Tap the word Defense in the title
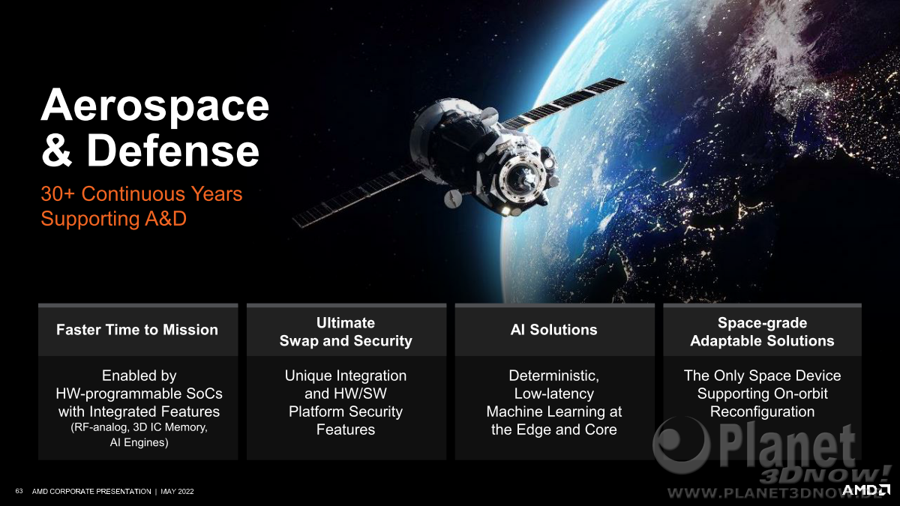click(173, 151)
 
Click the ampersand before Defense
click(57, 151)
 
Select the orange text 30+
click(58, 194)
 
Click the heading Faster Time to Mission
click(137, 330)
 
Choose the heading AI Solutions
click(553, 330)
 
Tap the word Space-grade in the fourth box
click(762, 323)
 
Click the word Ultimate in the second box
click(346, 323)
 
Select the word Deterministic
click(553, 376)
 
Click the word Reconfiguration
click(762, 412)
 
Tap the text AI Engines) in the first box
click(139, 442)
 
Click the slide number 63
click(19, 491)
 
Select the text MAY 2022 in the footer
click(177, 491)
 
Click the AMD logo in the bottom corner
click(865, 490)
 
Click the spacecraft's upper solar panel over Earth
click(562, 103)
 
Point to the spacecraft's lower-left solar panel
click(358, 196)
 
